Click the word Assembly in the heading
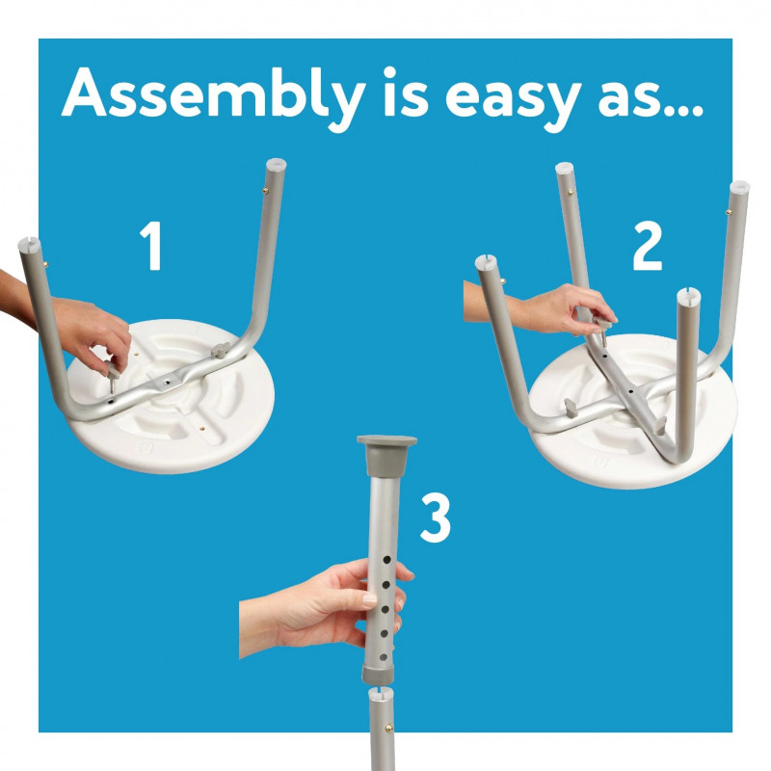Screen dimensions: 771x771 point(213,96)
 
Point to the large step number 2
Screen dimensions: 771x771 point(648,246)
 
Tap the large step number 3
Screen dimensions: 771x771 point(436,518)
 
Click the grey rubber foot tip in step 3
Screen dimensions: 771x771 point(387,455)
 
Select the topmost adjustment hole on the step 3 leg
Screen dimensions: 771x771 point(387,560)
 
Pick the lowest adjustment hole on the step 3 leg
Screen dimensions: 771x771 point(384,657)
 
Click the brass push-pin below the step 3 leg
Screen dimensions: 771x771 point(389,727)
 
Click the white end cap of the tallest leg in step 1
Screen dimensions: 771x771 point(276,164)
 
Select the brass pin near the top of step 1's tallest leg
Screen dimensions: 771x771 point(266,190)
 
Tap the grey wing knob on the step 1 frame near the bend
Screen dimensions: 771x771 point(221,350)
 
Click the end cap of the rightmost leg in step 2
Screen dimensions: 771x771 point(739,187)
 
